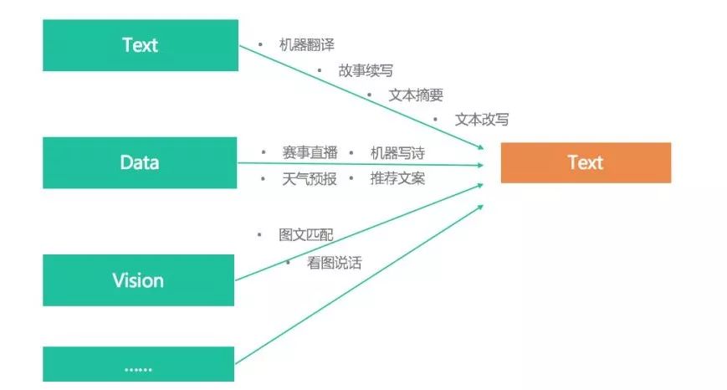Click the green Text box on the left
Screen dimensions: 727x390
140,45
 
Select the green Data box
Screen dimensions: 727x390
140,162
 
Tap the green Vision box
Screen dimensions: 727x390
138,280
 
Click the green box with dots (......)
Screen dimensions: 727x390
138,367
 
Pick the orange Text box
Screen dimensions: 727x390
585,162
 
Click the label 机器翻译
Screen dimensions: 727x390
307,45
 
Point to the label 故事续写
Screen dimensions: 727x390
366,71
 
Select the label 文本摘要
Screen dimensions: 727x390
416,95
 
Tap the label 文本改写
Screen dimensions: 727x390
481,119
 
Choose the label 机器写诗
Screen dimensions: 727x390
397,153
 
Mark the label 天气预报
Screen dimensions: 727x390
310,178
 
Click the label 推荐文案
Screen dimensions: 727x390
397,178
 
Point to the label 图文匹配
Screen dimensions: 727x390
306,234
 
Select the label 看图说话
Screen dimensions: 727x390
334,263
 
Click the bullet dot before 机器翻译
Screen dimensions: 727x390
260,44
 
